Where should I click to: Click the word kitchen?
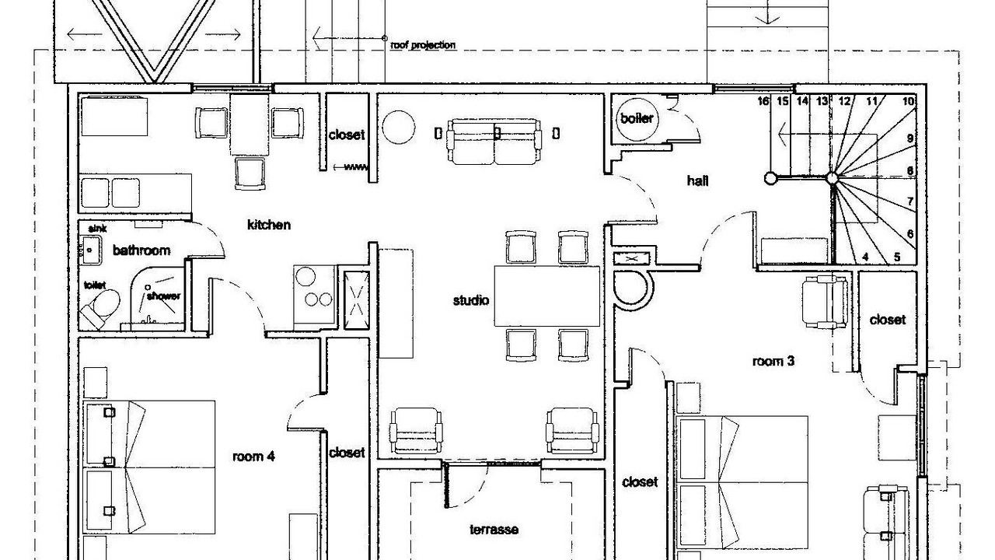tap(269, 225)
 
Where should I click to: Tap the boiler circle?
tap(637, 119)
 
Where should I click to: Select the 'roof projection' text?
tap(423, 45)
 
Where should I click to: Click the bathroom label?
tap(141, 250)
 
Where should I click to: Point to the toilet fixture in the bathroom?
tap(101, 306)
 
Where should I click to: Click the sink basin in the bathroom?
tap(90, 250)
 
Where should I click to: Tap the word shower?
tap(163, 296)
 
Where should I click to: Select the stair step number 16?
tap(763, 101)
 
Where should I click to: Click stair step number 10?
tap(909, 101)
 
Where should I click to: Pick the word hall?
tap(697, 181)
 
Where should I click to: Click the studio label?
tap(471, 301)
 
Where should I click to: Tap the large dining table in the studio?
tap(546, 296)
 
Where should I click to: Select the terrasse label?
tap(494, 530)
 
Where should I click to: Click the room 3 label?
tap(773, 362)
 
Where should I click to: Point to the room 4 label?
tap(253, 457)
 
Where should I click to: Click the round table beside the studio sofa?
tap(399, 127)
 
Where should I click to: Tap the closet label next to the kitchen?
tap(347, 135)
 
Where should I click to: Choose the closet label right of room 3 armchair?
tap(887, 320)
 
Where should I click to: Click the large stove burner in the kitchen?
tap(305, 276)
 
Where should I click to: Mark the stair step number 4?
tap(865, 257)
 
